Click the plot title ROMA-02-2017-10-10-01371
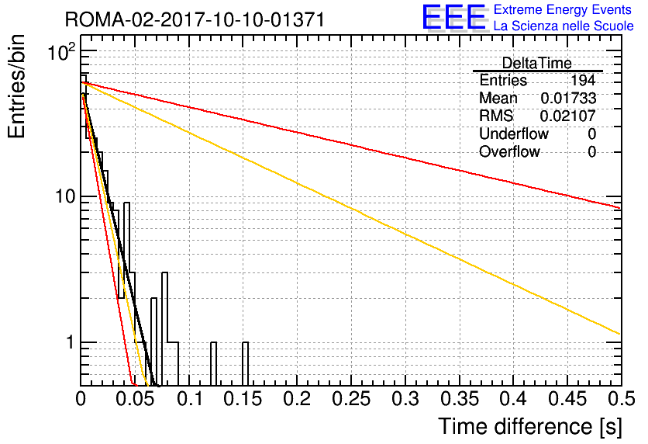195,19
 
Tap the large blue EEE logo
453,17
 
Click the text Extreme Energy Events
563,9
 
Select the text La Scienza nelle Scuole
564,26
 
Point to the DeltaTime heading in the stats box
536,63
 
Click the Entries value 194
583,80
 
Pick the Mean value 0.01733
568,98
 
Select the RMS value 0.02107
568,116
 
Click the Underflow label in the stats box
514,134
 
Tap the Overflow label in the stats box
509,151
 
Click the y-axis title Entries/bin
16,87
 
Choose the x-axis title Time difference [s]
530,427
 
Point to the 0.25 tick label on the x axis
351,399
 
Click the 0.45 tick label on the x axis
567,399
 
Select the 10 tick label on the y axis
65,196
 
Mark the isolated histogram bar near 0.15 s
246,364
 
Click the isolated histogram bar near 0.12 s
213,364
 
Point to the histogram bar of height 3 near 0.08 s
164,329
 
